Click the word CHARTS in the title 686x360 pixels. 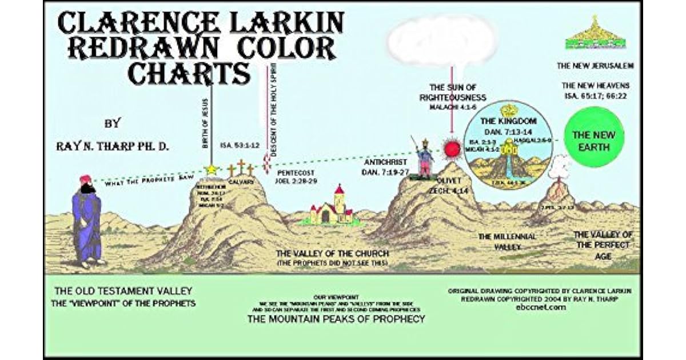(x=189, y=74)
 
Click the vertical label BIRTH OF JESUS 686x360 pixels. (x=206, y=122)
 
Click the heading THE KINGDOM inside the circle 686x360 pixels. (x=508, y=122)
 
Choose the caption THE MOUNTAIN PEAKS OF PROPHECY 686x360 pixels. (x=336, y=319)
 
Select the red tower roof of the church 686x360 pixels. (x=340, y=190)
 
